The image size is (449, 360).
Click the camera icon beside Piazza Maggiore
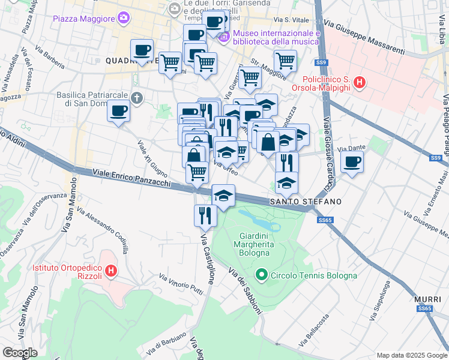(124, 19)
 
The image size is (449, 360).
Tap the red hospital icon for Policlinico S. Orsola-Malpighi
(359, 82)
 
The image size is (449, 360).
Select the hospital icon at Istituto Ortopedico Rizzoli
(110, 272)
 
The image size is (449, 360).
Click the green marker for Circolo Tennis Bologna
(261, 275)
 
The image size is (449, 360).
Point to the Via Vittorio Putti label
(181, 284)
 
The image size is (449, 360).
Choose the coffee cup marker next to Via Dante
(352, 161)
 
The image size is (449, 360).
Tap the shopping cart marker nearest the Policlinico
(285, 60)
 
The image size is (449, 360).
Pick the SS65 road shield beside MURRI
(425, 308)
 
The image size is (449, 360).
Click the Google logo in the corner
(20, 352)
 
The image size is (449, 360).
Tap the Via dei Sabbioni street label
(244, 290)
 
